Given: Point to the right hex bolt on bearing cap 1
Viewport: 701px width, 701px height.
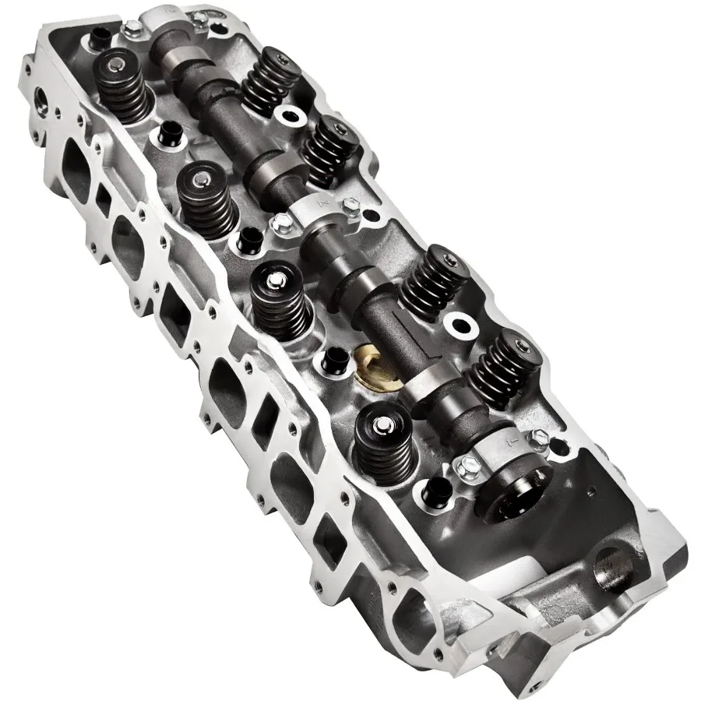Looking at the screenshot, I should pos(540,439).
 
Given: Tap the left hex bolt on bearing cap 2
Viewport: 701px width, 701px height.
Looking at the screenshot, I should pos(281,225).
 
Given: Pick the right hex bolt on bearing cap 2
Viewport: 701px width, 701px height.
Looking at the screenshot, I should pos(350,204).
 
